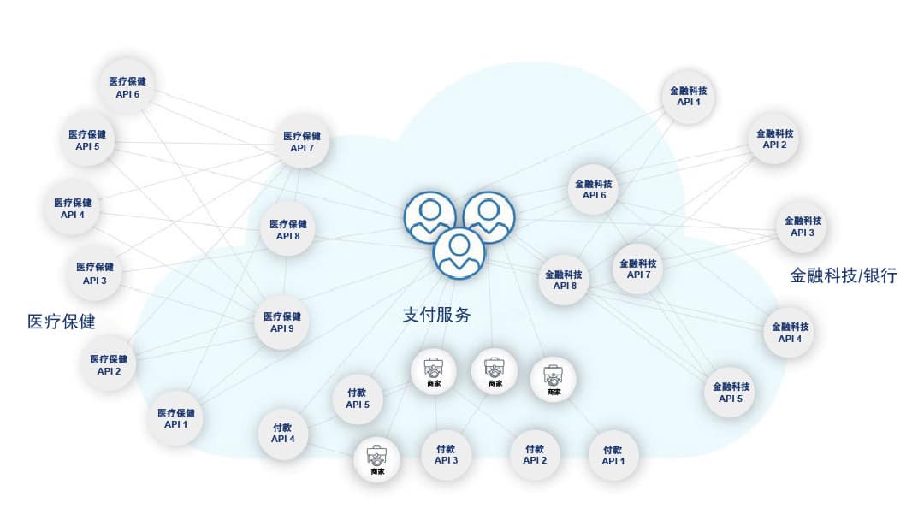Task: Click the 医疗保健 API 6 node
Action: [x=127, y=86]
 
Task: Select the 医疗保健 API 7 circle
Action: [x=302, y=141]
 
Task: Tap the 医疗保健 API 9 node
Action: [x=281, y=322]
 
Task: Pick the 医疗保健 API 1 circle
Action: [x=175, y=418]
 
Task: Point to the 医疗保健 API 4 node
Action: [x=73, y=209]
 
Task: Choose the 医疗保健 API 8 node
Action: [x=288, y=230]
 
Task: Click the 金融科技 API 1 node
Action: [x=688, y=96]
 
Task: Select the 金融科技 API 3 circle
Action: [x=803, y=227]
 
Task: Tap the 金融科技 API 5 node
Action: [x=731, y=393]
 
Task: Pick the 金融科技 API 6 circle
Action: [x=594, y=189]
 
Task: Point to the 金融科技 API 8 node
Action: [x=564, y=280]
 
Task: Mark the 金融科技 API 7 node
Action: [x=638, y=269]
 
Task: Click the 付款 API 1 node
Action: [x=613, y=455]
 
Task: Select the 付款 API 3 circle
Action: [x=446, y=455]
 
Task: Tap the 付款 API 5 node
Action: [x=357, y=399]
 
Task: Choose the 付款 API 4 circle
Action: [x=283, y=434]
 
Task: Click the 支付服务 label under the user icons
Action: [x=436, y=315]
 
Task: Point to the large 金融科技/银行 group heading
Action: [x=844, y=275]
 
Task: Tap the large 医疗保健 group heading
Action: [x=62, y=322]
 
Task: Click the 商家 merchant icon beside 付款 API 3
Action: [x=377, y=459]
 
